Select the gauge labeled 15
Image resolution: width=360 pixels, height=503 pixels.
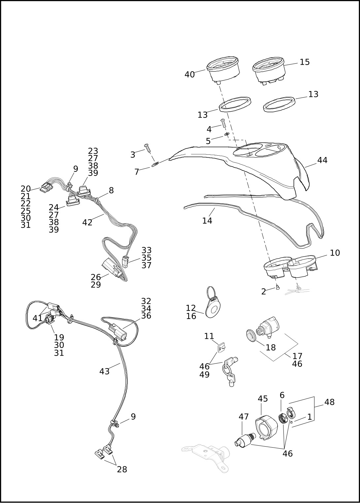(x=268, y=70)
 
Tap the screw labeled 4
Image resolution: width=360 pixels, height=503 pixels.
(x=223, y=124)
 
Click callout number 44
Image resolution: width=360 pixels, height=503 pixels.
(x=322, y=160)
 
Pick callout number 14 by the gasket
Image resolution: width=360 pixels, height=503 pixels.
(x=207, y=220)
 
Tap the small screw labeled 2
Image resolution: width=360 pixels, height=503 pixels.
(x=277, y=288)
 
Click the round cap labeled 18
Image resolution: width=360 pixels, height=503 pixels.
(x=252, y=335)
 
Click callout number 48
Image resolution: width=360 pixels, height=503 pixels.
(x=329, y=402)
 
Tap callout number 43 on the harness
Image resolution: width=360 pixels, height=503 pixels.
(x=104, y=371)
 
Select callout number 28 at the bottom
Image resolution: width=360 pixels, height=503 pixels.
(x=122, y=469)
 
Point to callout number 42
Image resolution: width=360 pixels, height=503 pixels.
(x=87, y=223)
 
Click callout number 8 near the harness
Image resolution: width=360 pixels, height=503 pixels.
(x=111, y=191)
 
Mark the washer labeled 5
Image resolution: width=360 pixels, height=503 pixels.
(x=227, y=135)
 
